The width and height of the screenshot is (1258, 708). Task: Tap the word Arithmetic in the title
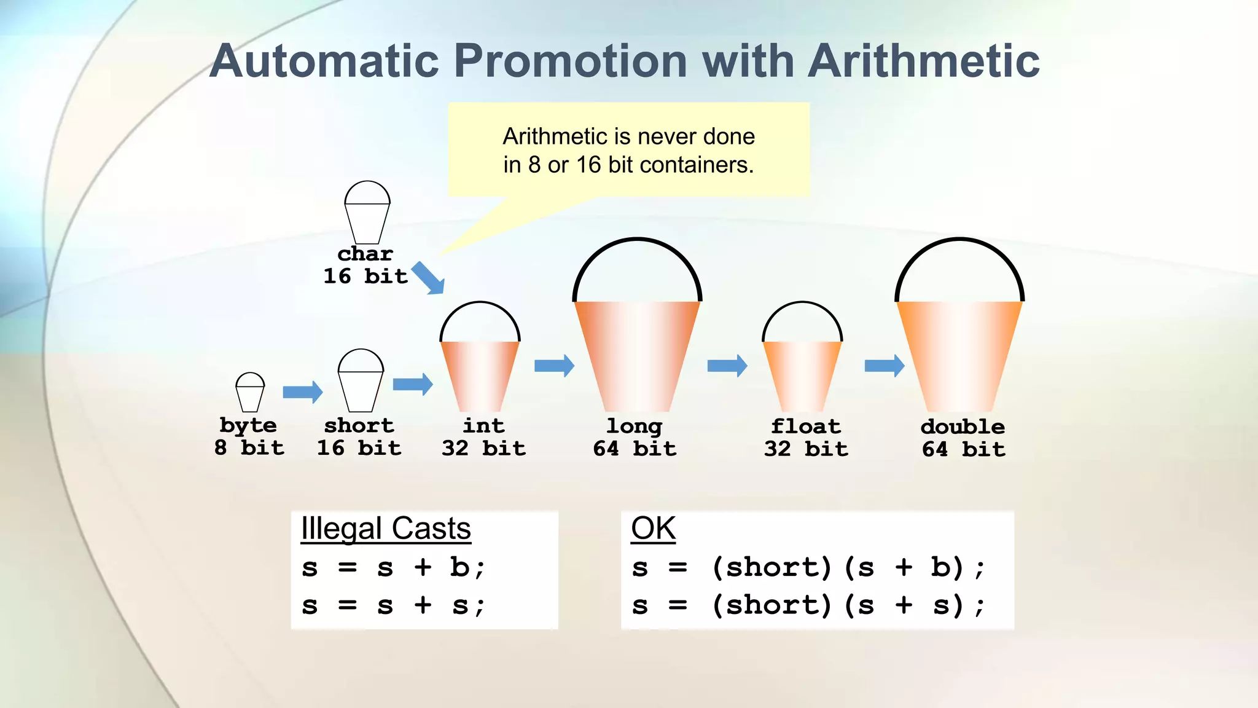tap(923, 61)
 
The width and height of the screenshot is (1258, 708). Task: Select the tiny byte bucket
tap(250, 393)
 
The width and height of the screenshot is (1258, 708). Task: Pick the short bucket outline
tap(361, 382)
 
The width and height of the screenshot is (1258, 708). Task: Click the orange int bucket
tap(480, 375)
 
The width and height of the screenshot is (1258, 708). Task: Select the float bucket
tap(802, 375)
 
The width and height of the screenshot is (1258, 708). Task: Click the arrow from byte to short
tap(302, 392)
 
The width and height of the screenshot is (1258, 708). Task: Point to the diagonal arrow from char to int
tap(428, 278)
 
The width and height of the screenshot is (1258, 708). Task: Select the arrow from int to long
tap(554, 366)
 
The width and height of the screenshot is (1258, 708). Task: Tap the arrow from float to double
tap(884, 366)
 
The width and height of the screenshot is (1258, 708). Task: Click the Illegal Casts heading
tap(386, 529)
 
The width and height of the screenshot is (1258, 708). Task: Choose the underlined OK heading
tap(653, 529)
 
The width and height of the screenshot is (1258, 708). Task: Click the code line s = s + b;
tap(393, 567)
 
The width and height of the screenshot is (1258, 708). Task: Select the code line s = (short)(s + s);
tap(808, 605)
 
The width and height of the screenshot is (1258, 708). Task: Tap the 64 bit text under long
tap(635, 449)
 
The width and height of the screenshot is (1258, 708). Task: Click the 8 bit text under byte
tap(249, 447)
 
